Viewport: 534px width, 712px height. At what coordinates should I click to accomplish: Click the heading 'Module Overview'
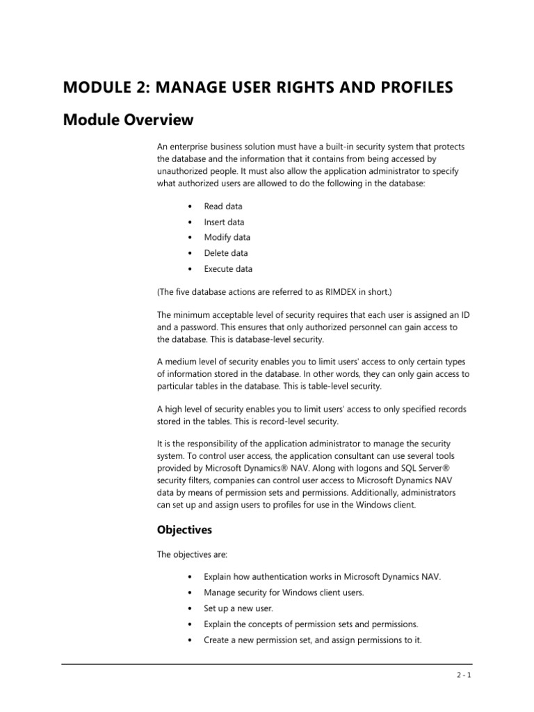128,120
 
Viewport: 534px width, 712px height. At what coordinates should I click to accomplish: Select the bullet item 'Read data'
223,207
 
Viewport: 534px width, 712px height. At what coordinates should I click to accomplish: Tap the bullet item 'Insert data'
224,222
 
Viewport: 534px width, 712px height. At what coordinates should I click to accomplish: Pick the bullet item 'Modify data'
227,238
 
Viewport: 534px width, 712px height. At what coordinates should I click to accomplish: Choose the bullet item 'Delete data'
226,253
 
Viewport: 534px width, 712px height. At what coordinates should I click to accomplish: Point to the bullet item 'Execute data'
228,269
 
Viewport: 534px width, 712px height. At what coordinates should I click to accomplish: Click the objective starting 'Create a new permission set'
313,639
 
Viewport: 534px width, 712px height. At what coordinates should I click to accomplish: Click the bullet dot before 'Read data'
190,207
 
